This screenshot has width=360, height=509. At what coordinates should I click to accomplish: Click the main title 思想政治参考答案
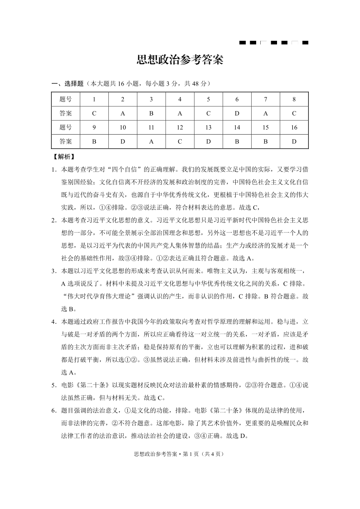point(180,61)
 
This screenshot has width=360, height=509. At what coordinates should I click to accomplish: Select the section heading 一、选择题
point(68,84)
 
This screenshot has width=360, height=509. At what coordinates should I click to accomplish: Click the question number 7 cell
point(265,100)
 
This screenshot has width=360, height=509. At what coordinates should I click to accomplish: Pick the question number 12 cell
point(180,128)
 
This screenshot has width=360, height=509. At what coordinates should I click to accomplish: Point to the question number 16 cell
point(294,128)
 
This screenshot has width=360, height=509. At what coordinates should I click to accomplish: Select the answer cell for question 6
point(237,114)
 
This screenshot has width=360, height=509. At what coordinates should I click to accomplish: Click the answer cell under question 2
point(122,114)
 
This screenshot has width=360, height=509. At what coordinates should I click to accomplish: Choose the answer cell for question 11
point(151,141)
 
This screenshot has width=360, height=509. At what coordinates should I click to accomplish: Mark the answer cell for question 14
point(237,141)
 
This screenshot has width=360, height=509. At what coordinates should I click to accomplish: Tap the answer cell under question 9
point(94,141)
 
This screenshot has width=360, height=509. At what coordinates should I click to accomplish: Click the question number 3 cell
point(151,100)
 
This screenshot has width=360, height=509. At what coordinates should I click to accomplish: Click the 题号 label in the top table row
point(66,100)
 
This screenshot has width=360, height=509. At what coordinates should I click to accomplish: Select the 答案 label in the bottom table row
point(66,141)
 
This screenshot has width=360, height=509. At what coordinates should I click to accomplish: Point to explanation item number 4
point(54,322)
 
